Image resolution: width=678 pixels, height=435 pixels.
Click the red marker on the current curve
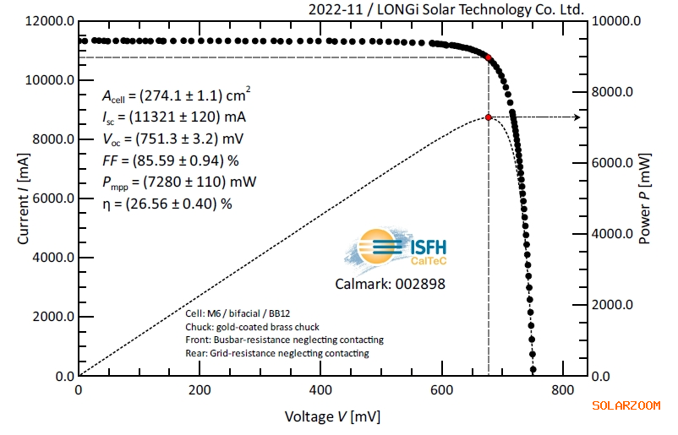click(x=488, y=57)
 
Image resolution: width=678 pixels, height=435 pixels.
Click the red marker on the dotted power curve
click(x=489, y=117)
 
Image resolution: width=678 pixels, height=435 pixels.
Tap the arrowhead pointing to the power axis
click(x=577, y=117)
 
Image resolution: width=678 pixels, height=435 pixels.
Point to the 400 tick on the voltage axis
click(x=320, y=391)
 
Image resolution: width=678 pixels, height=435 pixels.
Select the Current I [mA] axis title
click(x=23, y=198)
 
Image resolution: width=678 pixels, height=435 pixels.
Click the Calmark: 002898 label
click(x=401, y=284)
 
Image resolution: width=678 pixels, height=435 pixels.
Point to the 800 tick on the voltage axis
click(x=562, y=391)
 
